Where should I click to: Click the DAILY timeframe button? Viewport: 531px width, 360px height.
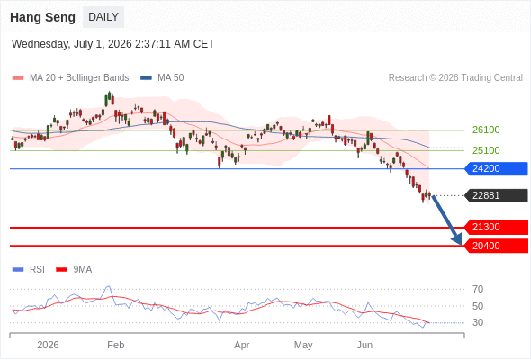coord(103,17)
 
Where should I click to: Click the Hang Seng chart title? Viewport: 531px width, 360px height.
coord(42,17)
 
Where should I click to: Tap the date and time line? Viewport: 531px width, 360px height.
coord(112,44)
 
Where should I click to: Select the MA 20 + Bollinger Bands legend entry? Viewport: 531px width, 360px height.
coord(70,78)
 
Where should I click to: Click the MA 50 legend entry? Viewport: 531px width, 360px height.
coord(162,78)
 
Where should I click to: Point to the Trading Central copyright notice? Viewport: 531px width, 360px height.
coord(455,78)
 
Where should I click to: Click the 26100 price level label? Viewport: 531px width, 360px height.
coord(486,130)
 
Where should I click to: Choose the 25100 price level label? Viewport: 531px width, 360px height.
coord(486,150)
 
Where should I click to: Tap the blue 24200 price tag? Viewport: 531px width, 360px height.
coord(496,168)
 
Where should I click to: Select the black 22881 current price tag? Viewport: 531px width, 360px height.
coord(496,195)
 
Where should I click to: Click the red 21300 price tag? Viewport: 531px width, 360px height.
coord(496,227)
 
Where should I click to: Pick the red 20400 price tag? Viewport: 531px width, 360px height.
coord(496,246)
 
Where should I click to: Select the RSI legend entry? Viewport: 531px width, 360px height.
coord(29,270)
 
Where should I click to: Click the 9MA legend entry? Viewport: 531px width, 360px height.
coord(74,270)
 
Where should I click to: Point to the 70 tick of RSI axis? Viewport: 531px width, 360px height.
coord(478,289)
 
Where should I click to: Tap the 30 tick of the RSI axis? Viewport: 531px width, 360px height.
coord(478,322)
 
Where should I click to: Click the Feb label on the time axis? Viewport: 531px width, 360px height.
coord(116,345)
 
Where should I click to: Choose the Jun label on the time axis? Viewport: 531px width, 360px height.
coord(364,345)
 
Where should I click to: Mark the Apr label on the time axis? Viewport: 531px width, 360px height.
coord(242,345)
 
